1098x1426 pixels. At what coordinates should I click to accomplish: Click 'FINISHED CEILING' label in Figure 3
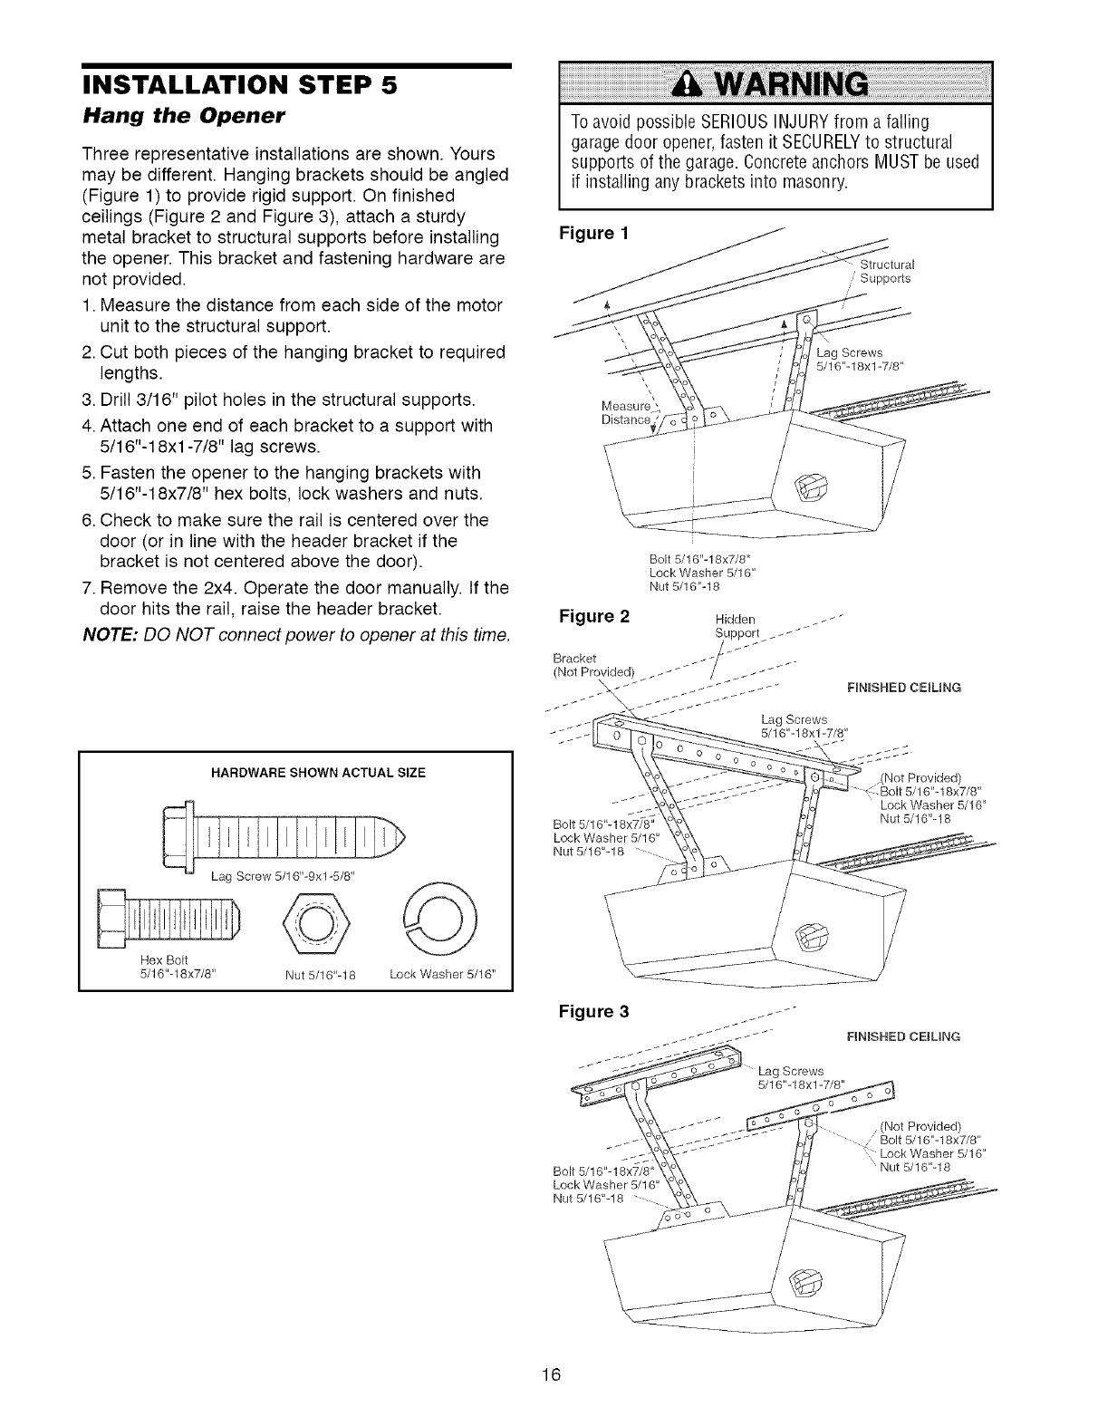891,1036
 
